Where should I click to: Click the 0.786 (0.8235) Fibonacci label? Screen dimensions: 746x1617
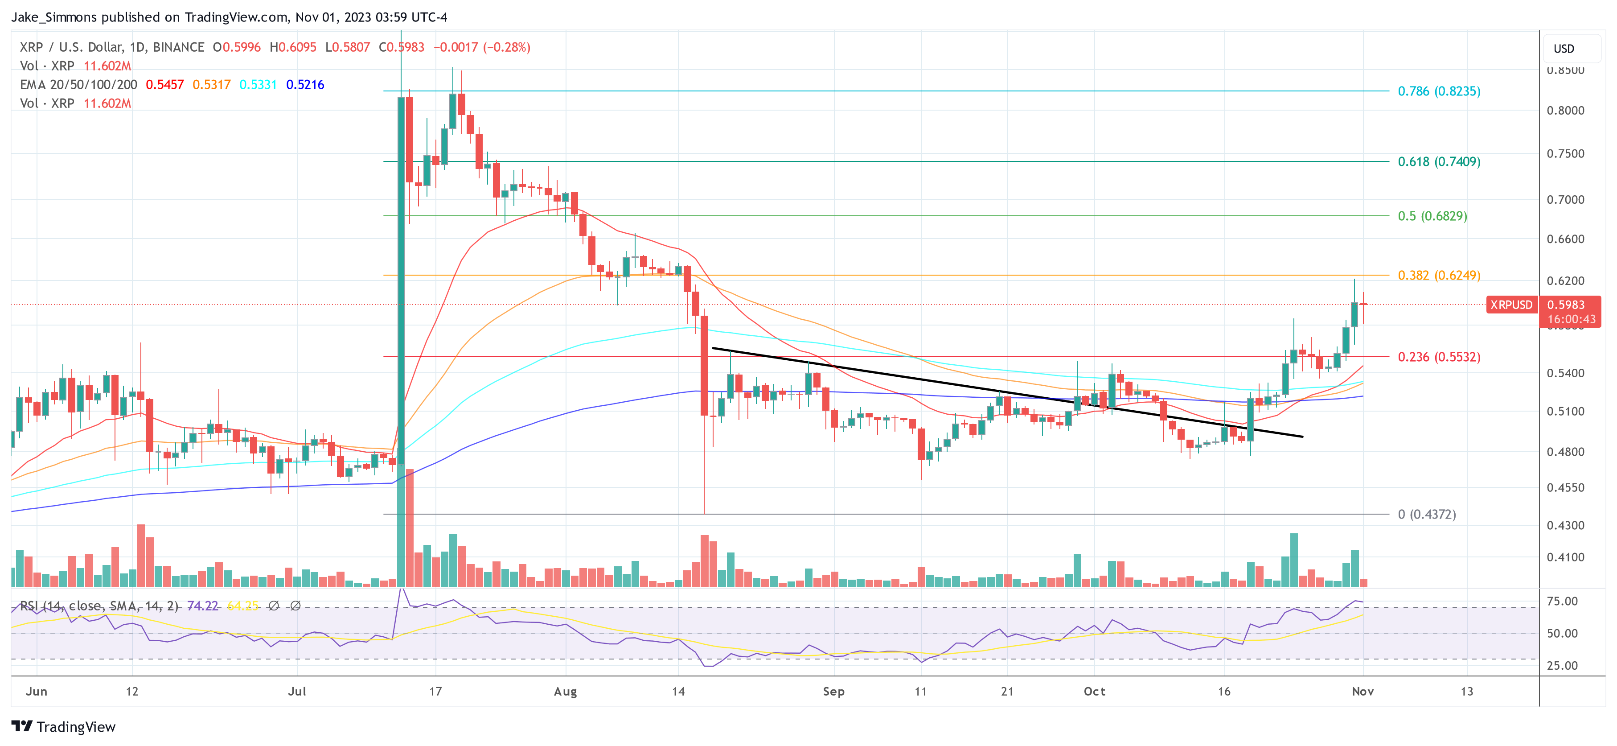1438,91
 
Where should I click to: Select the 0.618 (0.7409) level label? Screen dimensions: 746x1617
1438,161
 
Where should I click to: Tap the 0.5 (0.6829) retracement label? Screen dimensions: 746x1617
1432,216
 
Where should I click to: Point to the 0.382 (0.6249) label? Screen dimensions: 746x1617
1438,275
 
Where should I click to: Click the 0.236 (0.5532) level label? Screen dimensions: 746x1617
1438,357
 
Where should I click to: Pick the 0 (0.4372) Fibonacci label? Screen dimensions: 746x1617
1426,514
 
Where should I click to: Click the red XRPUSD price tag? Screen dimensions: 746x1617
1511,305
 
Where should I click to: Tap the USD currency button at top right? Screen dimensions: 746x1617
1563,48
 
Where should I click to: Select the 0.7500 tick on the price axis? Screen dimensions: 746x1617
1565,154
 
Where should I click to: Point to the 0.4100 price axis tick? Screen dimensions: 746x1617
1565,557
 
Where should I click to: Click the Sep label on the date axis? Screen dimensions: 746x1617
833,691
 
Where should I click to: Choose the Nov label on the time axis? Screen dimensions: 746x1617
1362,691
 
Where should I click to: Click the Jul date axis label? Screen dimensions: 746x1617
297,691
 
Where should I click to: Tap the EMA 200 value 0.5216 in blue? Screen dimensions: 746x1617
305,85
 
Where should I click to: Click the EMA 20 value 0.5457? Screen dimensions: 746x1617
164,85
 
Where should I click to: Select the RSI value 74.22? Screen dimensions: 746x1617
202,606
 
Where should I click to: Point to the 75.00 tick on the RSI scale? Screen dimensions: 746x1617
1562,601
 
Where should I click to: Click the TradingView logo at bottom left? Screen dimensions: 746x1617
63,726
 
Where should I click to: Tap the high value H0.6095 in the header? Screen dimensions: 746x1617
292,47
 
